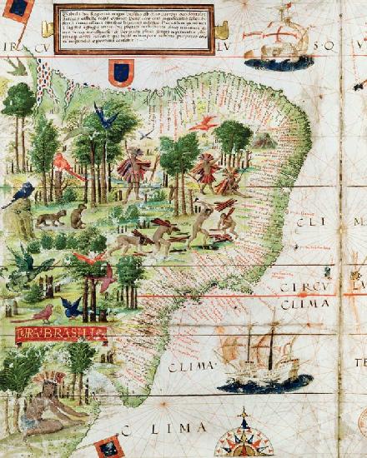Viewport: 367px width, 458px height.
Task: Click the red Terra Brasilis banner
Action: click(x=60, y=333)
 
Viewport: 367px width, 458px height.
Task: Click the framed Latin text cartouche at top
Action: click(x=133, y=28)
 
